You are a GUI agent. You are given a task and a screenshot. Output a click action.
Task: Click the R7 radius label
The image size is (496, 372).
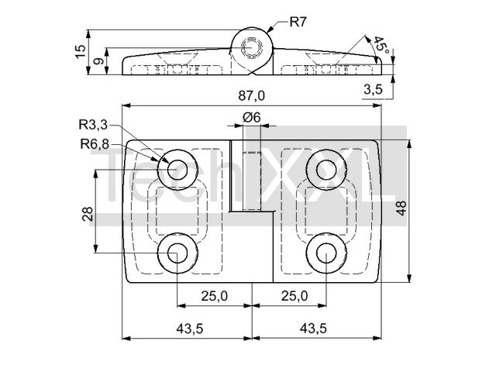tap(298, 22)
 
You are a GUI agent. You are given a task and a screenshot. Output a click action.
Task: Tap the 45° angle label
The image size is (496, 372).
tap(381, 45)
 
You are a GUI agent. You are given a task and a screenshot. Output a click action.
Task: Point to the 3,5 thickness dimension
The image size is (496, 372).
tap(373, 90)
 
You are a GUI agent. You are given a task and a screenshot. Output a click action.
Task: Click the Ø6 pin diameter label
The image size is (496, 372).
tap(252, 117)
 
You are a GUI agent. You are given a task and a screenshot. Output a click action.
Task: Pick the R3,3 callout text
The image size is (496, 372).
tap(93, 125)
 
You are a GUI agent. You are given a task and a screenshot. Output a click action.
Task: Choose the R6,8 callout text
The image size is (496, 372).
tap(95, 144)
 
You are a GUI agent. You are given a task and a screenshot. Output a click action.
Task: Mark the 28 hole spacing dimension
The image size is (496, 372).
tap(87, 214)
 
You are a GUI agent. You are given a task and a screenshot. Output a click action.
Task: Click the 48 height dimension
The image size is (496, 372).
tap(401, 208)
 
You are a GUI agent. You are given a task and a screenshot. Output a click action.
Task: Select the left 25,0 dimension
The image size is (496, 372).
tap(215, 296)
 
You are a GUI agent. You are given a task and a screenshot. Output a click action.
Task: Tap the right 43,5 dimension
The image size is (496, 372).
tap(313, 329)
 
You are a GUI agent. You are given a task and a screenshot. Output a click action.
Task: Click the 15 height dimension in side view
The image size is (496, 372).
tap(81, 51)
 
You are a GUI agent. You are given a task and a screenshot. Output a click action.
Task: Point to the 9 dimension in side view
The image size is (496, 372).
tap(98, 61)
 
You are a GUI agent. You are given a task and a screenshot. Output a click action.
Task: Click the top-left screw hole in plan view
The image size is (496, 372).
tap(177, 170)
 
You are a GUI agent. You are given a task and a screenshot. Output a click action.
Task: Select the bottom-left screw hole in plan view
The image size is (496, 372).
tap(177, 253)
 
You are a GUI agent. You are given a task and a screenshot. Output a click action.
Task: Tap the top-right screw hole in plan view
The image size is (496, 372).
tap(326, 170)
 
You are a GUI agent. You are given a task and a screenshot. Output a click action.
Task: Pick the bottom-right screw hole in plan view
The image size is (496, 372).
tap(326, 253)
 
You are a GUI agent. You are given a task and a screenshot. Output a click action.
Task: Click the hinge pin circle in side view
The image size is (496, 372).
tap(252, 48)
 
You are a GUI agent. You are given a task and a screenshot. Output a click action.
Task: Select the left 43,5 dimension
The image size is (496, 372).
tap(190, 329)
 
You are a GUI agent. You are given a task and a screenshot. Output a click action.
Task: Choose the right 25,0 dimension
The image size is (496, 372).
tap(294, 296)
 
